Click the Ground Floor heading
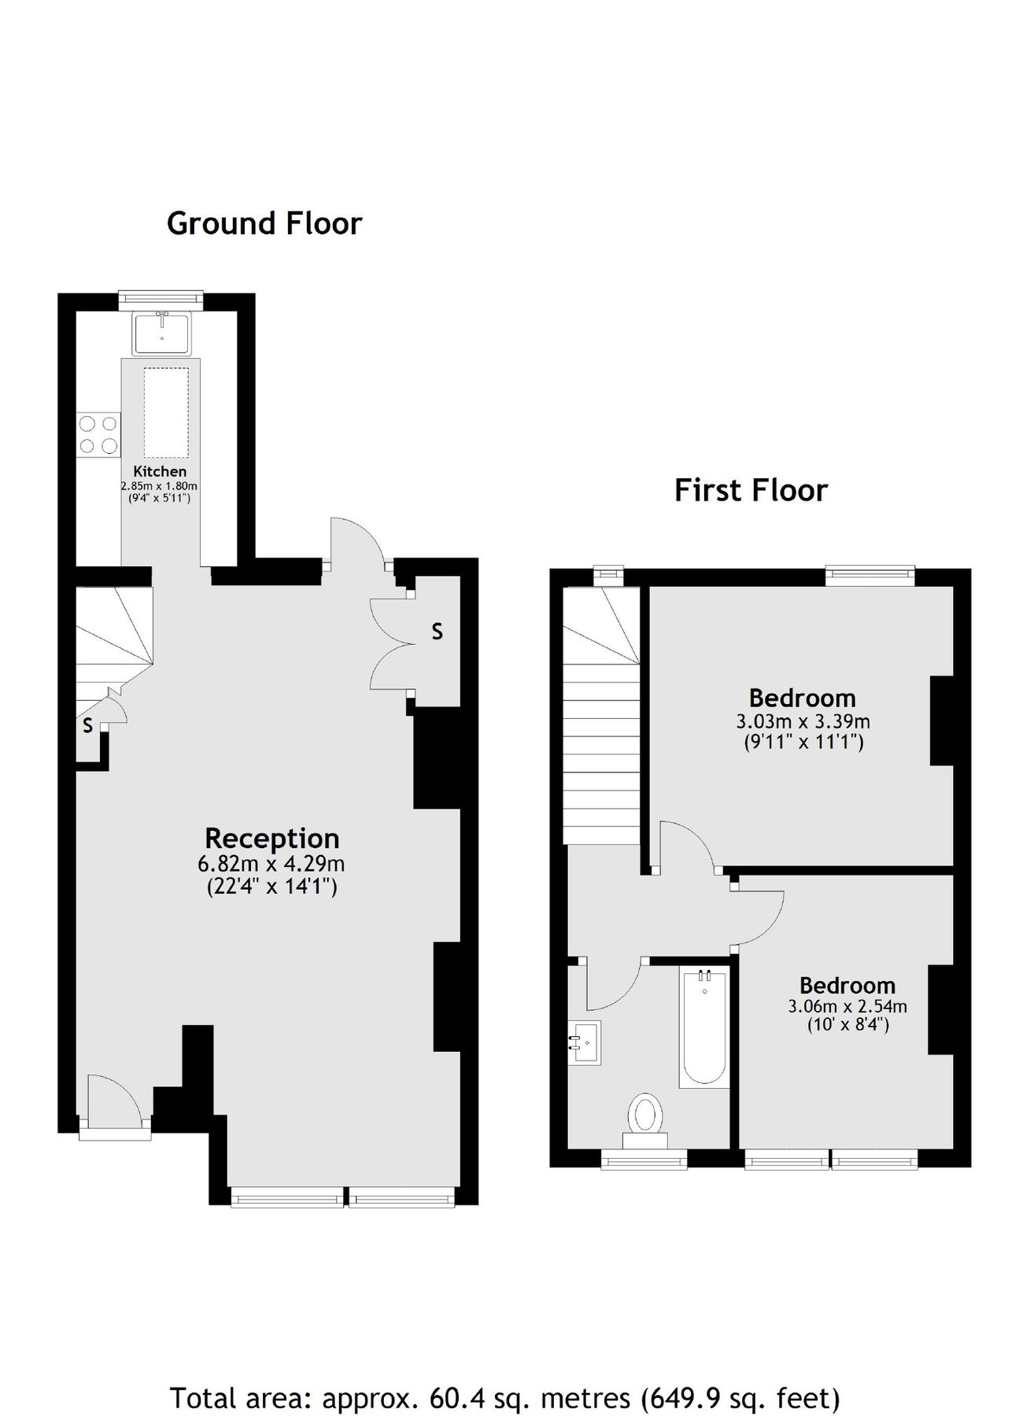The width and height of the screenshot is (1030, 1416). tap(264, 224)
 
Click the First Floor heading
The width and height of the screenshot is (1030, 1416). tap(751, 491)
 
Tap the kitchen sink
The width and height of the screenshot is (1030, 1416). tap(162, 334)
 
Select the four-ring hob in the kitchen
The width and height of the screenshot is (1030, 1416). tap(98, 435)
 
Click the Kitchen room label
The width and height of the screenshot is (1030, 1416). tap(160, 471)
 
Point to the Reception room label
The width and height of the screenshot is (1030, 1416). tap(272, 839)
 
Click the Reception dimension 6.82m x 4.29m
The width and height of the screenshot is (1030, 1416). tap(271, 864)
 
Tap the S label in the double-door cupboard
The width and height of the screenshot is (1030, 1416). tap(437, 631)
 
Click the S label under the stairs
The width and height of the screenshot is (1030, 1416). tap(87, 725)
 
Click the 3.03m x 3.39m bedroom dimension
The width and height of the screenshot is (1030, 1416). tap(803, 721)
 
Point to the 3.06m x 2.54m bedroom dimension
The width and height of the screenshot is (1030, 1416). tap(847, 1006)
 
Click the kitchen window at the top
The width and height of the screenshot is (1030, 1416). tap(161, 297)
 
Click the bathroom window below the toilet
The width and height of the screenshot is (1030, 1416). tap(644, 1160)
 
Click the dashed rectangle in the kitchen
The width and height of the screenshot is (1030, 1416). tap(166, 412)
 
